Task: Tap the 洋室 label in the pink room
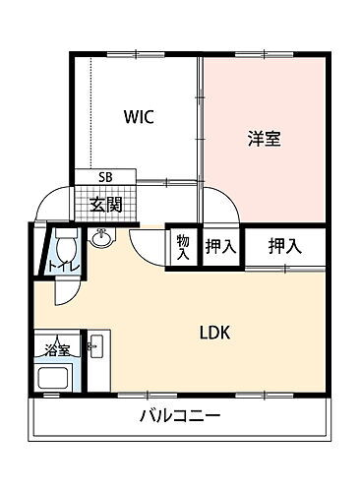click(x=264, y=140)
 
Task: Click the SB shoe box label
click(x=104, y=177)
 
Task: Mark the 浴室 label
click(x=56, y=349)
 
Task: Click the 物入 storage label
click(x=183, y=247)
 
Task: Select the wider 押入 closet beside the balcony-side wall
click(x=284, y=246)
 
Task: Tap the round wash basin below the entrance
click(x=101, y=238)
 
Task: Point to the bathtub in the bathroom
click(x=56, y=377)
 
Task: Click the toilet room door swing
click(x=65, y=291)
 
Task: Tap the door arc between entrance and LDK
click(x=148, y=251)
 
